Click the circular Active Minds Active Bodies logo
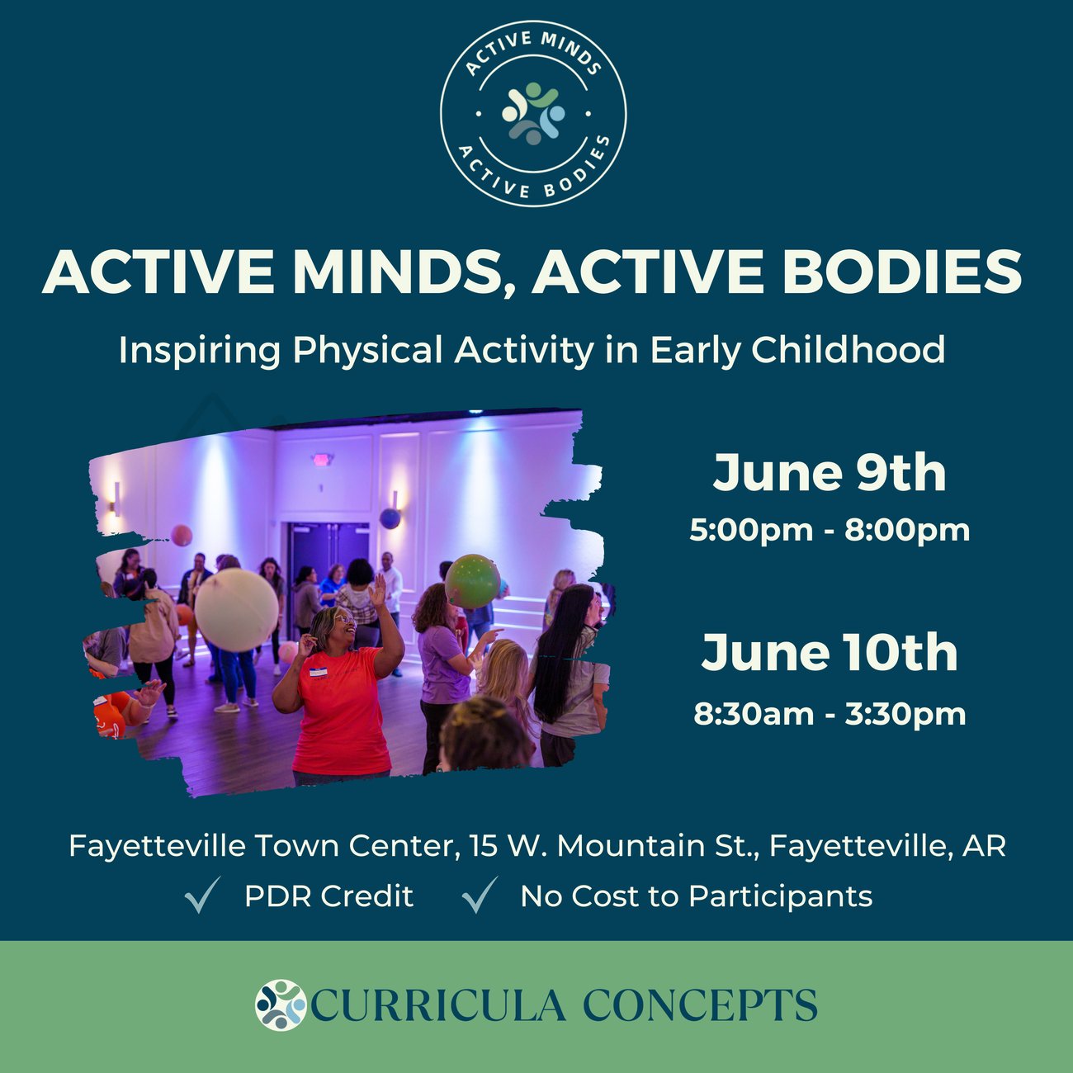point(533,114)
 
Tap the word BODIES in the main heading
point(902,271)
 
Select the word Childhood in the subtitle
point(848,349)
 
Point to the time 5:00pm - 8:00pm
point(830,530)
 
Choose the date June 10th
point(830,652)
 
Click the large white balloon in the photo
point(236,609)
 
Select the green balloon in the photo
point(473,581)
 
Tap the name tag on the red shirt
point(319,672)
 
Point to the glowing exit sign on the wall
point(321,460)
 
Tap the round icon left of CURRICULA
point(281,1005)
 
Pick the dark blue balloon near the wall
point(390,518)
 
